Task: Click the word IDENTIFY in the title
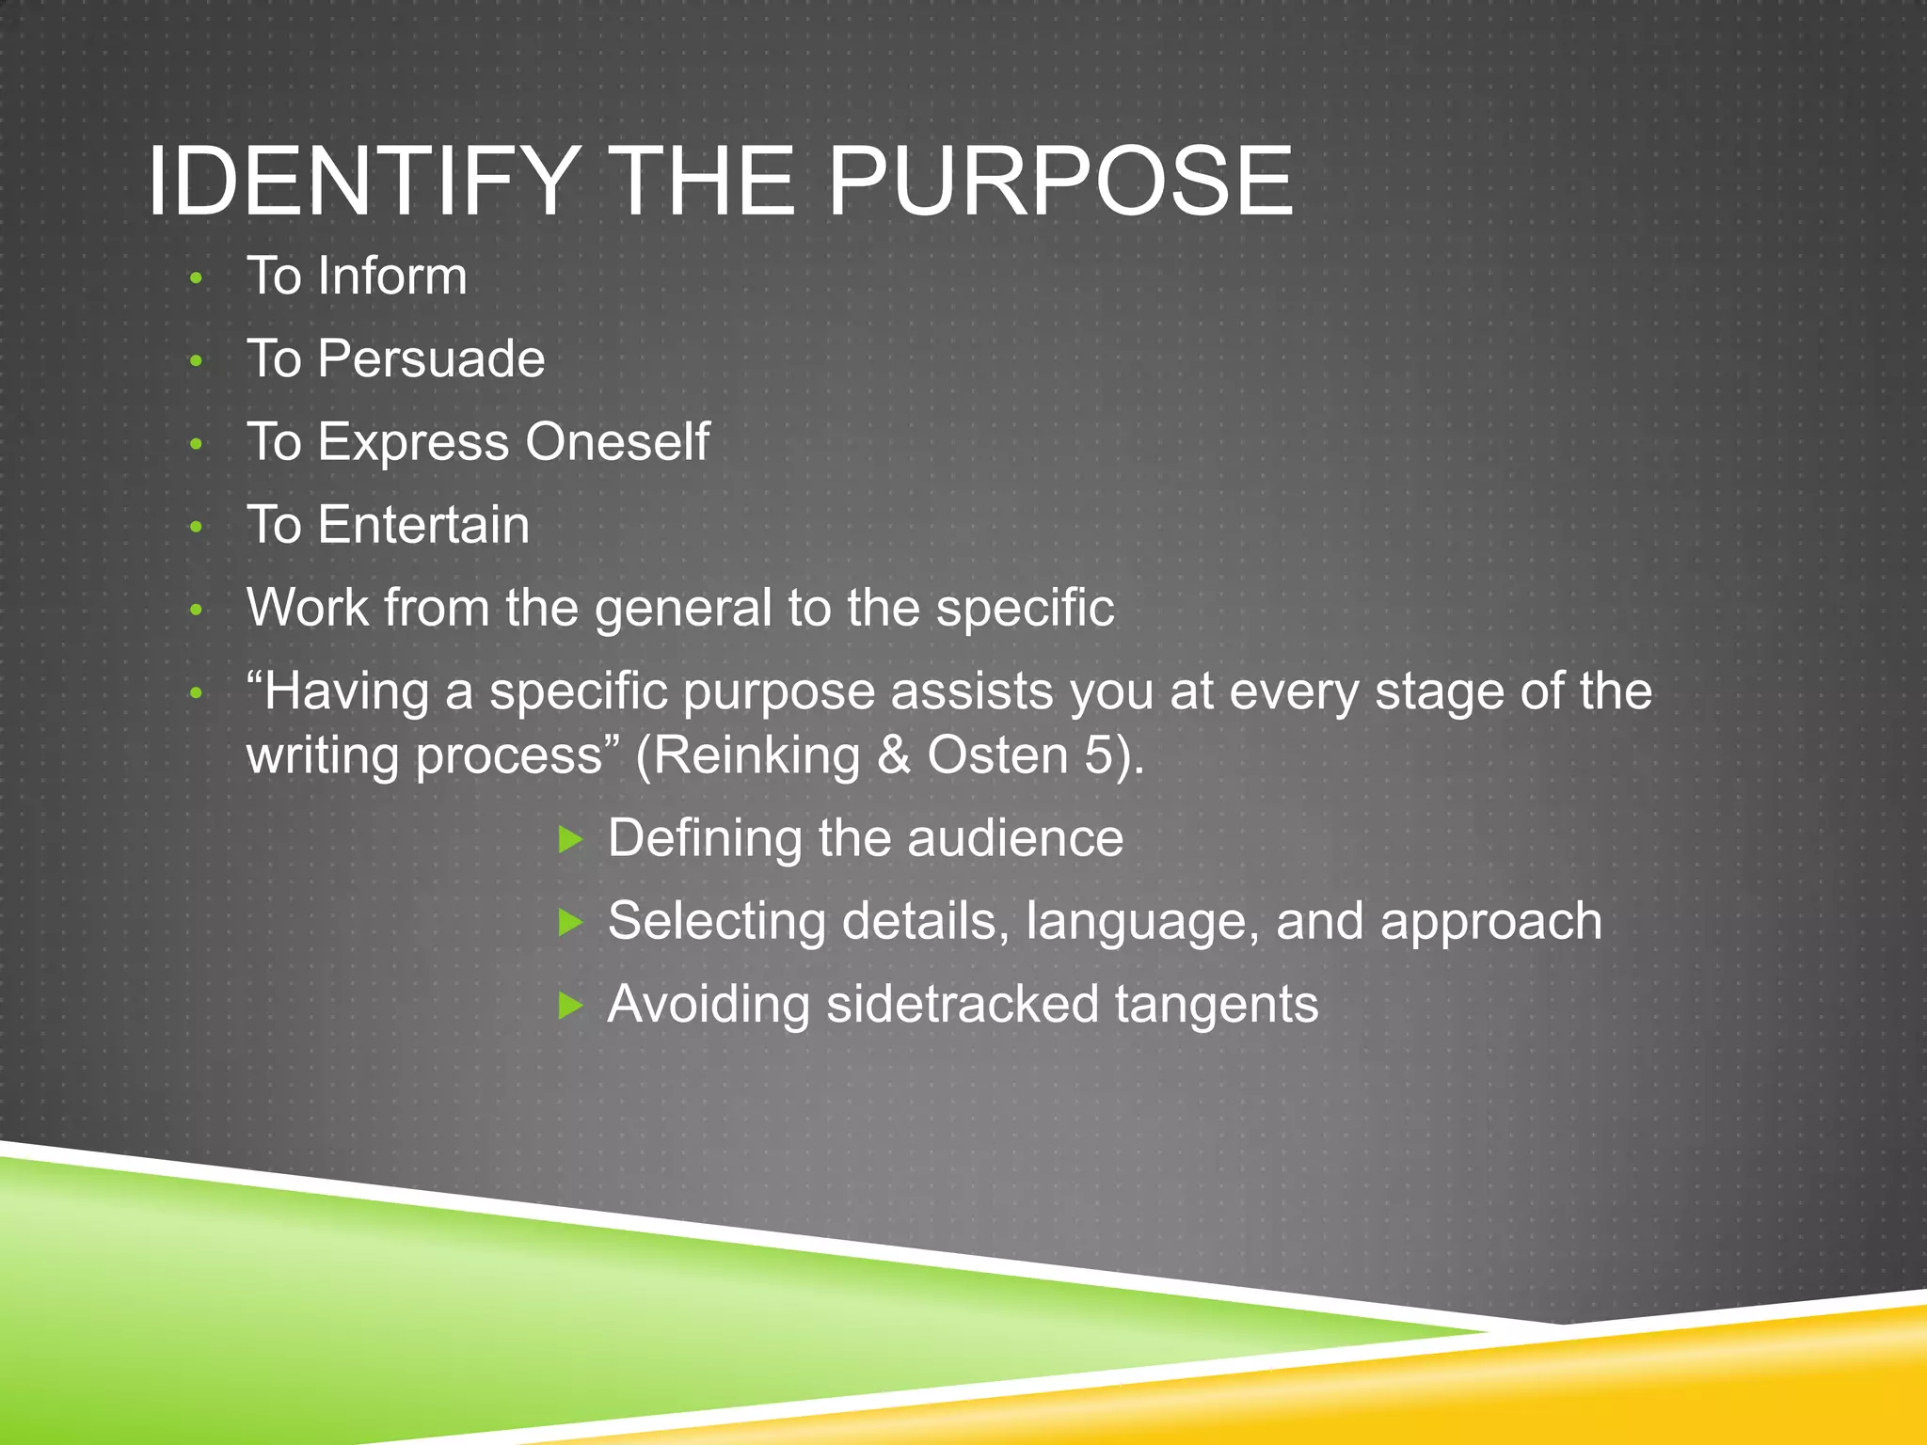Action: (x=362, y=181)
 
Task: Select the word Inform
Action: (x=391, y=277)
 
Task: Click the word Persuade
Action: (x=431, y=359)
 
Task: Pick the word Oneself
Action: (x=616, y=442)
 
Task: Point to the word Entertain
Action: (x=423, y=525)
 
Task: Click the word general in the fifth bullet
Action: (x=683, y=610)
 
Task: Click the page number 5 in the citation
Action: (x=1099, y=756)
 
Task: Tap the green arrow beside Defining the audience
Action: (x=570, y=839)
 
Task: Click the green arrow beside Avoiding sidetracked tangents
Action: (x=570, y=1006)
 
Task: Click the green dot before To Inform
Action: (x=196, y=278)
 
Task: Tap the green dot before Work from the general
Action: (x=196, y=611)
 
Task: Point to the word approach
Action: (x=1490, y=922)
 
